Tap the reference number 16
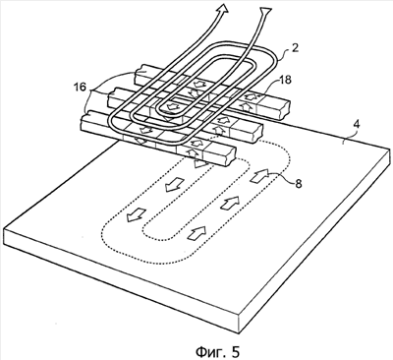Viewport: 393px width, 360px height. point(80,88)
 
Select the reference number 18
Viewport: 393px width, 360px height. point(286,80)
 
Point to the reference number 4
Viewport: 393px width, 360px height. point(357,125)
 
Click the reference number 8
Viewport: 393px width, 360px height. point(299,184)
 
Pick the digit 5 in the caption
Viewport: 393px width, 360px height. point(235,351)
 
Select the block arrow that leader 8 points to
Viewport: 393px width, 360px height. point(259,175)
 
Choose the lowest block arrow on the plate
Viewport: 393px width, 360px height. point(196,232)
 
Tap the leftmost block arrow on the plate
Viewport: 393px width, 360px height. point(137,213)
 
